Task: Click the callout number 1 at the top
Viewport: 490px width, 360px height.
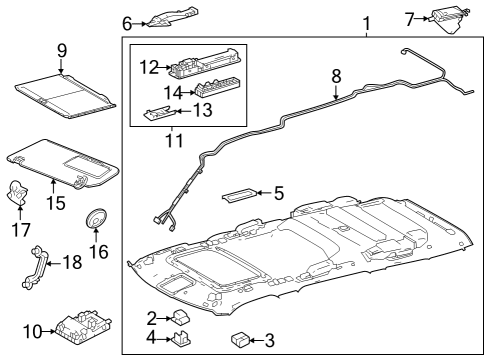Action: [366, 22]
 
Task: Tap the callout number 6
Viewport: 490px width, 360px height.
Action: [127, 22]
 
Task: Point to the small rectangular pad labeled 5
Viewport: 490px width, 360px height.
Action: [240, 193]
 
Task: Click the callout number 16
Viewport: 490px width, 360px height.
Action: [99, 251]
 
